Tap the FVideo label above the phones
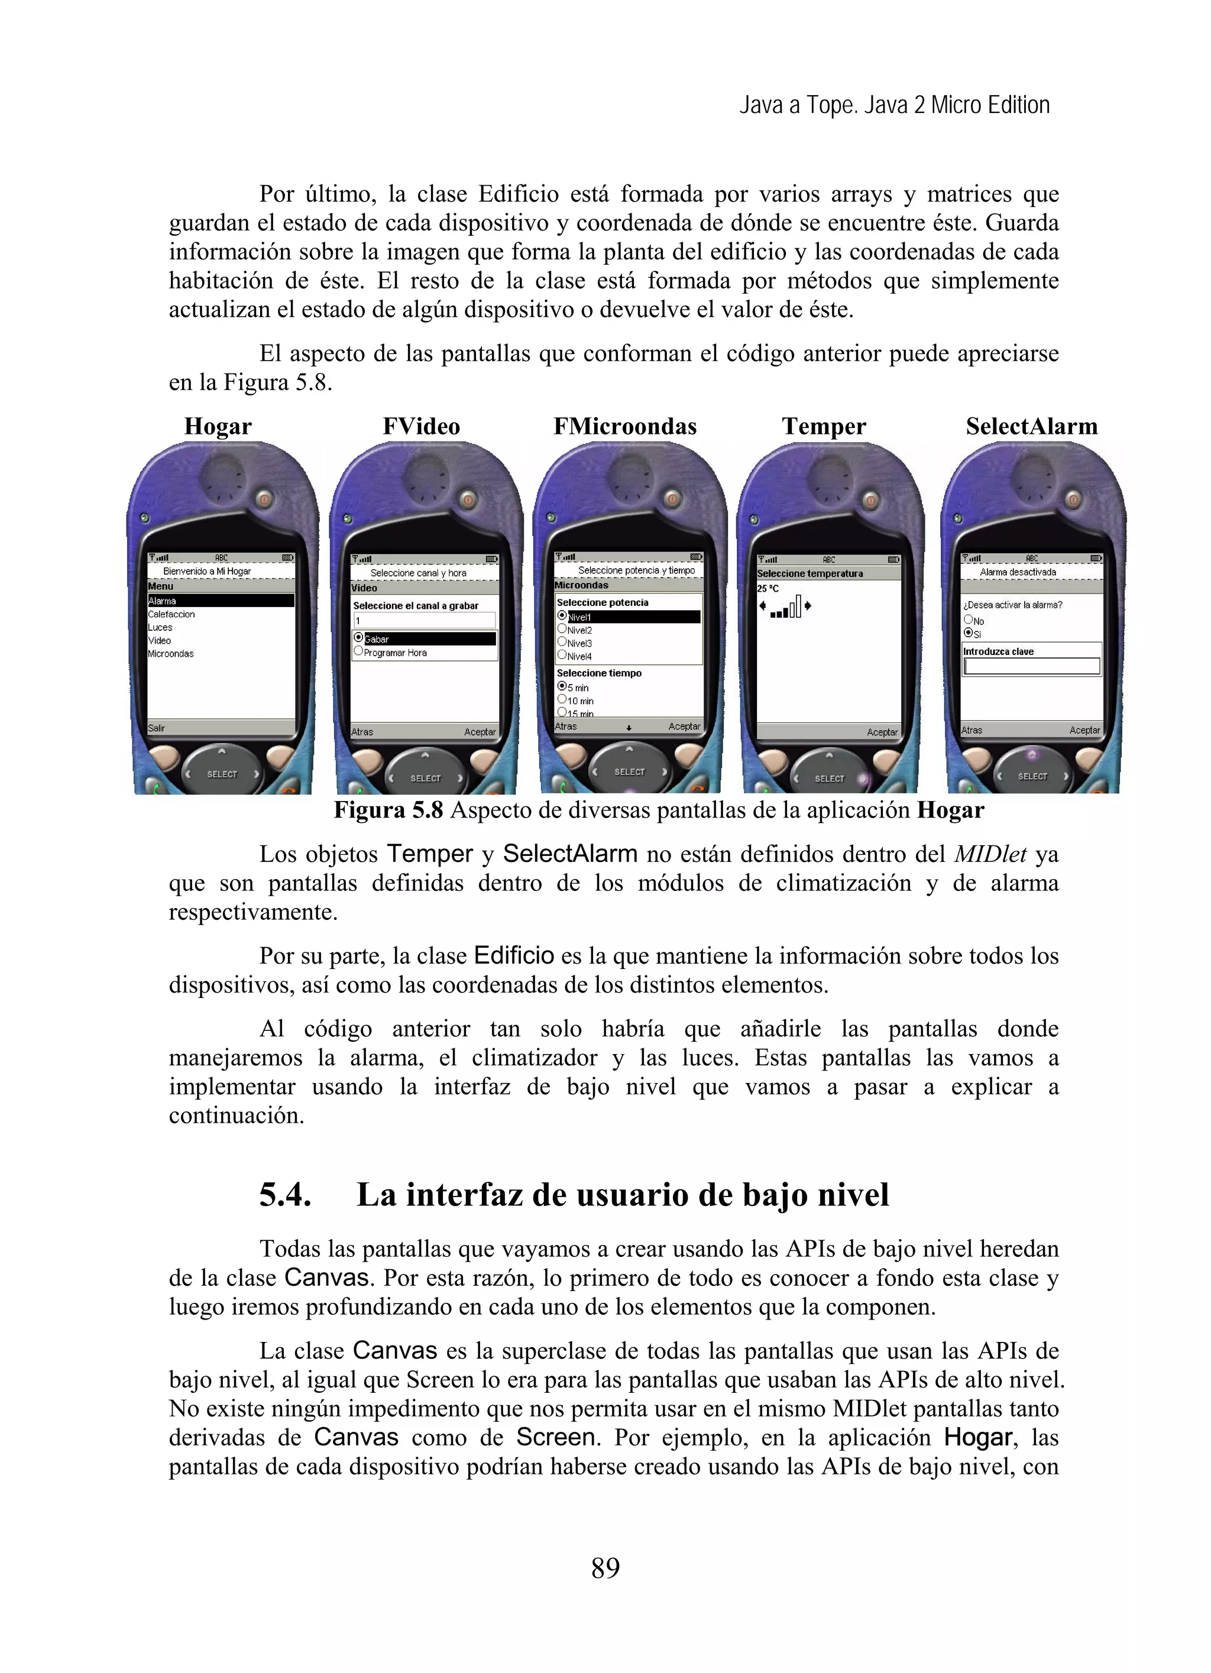pyautogui.click(x=420, y=426)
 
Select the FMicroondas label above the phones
pyautogui.click(x=624, y=426)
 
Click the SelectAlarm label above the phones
pyautogui.click(x=1031, y=426)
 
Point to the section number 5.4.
pyautogui.click(x=285, y=1194)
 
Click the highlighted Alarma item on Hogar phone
pyautogui.click(x=220, y=601)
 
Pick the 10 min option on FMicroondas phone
pyautogui.click(x=579, y=701)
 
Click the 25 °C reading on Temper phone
pyautogui.click(x=768, y=589)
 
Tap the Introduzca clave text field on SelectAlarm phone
pyautogui.click(x=1031, y=666)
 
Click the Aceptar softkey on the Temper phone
pyautogui.click(x=882, y=732)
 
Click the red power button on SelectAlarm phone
pyautogui.click(x=1074, y=500)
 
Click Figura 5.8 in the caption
pyautogui.click(x=388, y=810)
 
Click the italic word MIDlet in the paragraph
pyautogui.click(x=990, y=854)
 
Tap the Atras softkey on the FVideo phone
pyautogui.click(x=362, y=732)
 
